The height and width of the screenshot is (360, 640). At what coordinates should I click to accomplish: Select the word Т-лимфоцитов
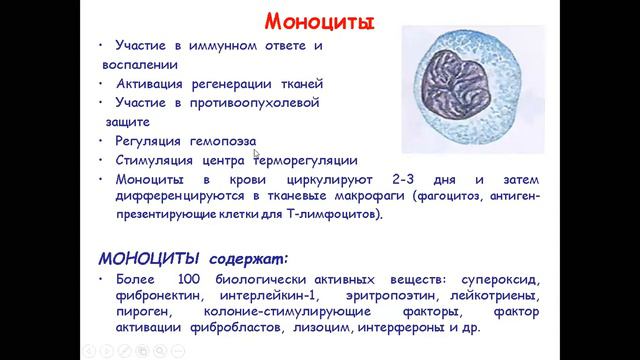(x=338, y=214)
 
